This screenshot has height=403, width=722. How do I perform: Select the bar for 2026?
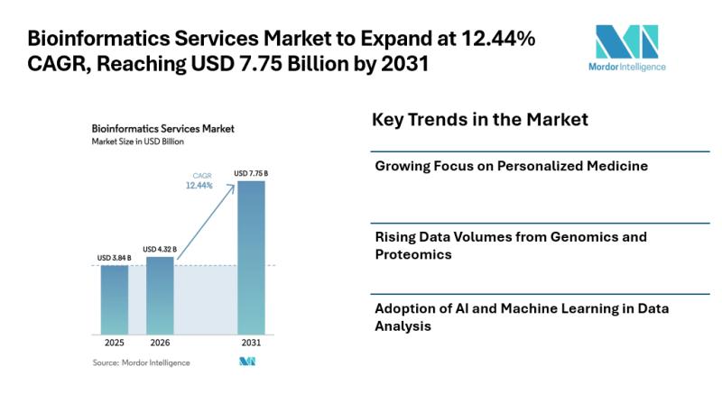pos(160,295)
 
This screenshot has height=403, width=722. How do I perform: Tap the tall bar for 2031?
pos(251,257)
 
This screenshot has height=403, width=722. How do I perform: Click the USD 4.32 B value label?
pos(160,250)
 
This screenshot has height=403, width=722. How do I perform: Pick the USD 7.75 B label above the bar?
pos(251,173)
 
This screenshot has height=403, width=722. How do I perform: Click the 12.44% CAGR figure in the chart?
pos(199,185)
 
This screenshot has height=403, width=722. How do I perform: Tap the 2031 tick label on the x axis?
pos(251,343)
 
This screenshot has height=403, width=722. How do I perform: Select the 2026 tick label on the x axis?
pos(160,343)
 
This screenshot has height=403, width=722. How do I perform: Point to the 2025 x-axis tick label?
pos(115,343)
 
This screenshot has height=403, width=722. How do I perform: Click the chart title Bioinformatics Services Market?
pos(163,129)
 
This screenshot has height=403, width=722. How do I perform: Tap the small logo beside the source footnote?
pos(246,362)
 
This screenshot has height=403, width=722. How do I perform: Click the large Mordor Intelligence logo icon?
pos(626,41)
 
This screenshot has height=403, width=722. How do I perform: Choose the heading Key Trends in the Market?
pos(479,120)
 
